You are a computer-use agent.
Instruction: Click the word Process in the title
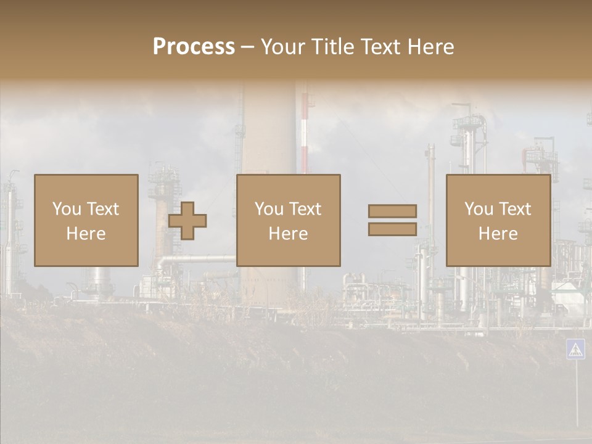194,46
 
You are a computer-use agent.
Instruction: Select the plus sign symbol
187,221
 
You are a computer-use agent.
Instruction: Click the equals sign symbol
392,220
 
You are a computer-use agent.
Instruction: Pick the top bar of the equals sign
392,211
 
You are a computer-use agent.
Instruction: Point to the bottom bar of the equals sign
392,229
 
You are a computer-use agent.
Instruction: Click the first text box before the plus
86,220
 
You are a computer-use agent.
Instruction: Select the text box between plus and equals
289,220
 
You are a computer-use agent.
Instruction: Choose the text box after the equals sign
498,220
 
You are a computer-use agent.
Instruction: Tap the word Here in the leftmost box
86,234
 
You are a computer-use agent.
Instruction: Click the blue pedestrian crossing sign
575,349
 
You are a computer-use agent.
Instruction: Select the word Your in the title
284,46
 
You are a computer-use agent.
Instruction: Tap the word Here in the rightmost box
498,234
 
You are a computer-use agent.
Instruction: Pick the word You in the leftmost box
67,209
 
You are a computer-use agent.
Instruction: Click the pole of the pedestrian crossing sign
577,395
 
